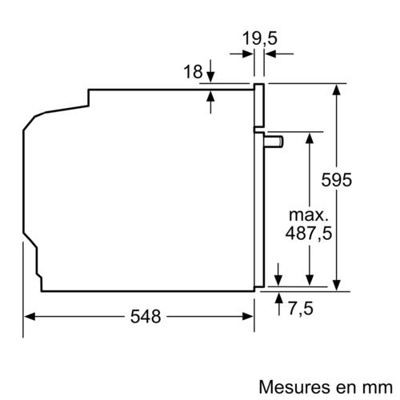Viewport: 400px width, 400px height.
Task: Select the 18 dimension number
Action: point(192,72)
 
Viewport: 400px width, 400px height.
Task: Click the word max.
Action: point(308,214)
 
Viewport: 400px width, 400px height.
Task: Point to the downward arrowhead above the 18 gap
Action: point(210,76)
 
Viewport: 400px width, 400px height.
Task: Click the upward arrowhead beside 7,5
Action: point(278,298)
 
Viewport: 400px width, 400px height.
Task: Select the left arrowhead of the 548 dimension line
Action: point(29,316)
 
